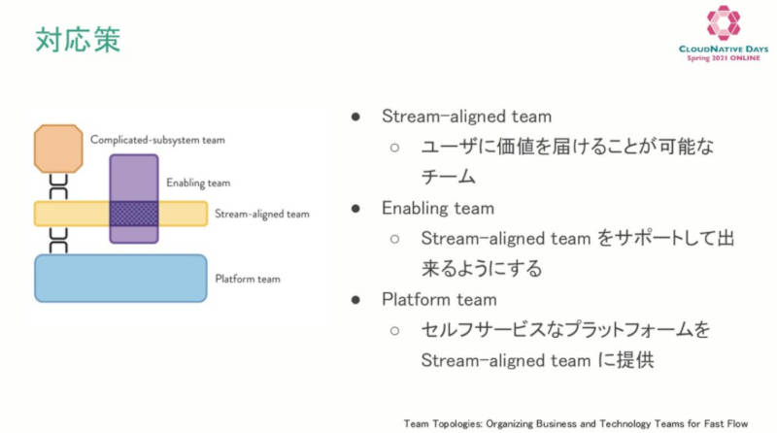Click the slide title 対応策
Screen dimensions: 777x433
click(x=78, y=40)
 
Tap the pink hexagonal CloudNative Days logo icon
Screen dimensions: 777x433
click(x=724, y=22)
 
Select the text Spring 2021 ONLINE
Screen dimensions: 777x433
click(x=724, y=58)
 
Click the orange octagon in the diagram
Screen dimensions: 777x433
click(x=58, y=149)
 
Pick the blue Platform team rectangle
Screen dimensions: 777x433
click(x=120, y=278)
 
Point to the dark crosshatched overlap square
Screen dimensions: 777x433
click(x=134, y=214)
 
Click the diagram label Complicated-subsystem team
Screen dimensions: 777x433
click(x=157, y=140)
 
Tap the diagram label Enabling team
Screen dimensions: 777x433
click(x=198, y=183)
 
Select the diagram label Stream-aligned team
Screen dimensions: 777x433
click(x=262, y=214)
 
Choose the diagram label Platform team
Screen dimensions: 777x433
click(x=248, y=279)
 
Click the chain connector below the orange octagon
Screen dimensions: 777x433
click(x=58, y=186)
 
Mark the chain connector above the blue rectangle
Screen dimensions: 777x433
click(x=58, y=241)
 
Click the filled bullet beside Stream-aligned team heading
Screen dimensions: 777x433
click(x=355, y=117)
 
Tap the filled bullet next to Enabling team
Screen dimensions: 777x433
click(x=355, y=209)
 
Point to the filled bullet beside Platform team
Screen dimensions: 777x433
click(x=355, y=300)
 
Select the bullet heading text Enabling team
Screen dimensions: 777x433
click(x=438, y=209)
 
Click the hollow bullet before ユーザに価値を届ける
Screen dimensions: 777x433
click(x=394, y=148)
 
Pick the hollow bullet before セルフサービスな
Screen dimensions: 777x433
click(x=394, y=330)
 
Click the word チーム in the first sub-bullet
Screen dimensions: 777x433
click(x=449, y=177)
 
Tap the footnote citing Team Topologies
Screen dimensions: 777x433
click(x=576, y=423)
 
